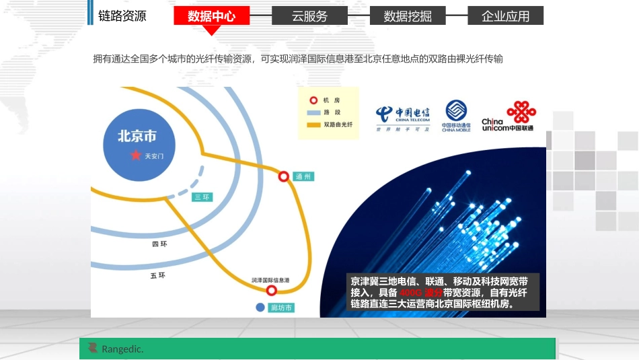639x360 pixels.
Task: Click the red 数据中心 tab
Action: (212, 16)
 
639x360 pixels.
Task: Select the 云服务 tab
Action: (309, 16)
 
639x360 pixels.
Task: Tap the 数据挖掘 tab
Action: (408, 16)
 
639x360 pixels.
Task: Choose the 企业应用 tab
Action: (505, 16)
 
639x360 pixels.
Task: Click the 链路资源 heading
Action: (122, 16)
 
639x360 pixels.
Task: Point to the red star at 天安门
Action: (136, 155)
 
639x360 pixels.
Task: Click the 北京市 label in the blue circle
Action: (137, 137)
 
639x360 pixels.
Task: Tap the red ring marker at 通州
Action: (284, 176)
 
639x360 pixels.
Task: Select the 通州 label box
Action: (303, 176)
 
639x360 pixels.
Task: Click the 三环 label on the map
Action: (202, 197)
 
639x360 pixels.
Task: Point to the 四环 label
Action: (159, 244)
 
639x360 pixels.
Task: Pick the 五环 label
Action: (157, 276)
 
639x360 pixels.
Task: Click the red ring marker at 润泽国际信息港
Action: (271, 291)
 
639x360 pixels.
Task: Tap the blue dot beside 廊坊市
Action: (260, 308)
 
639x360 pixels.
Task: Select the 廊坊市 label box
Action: (281, 308)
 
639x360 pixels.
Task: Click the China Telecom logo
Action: (403, 118)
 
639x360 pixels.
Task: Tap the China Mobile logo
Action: (456, 115)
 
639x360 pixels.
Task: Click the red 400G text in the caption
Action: (410, 293)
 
